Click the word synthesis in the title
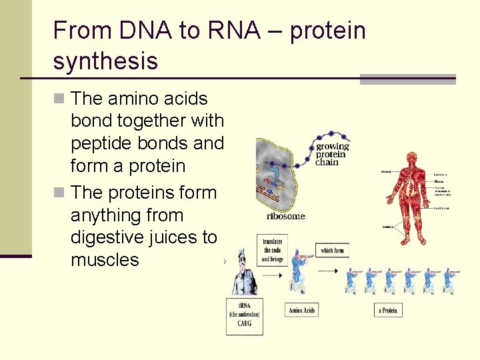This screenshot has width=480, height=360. [x=105, y=61]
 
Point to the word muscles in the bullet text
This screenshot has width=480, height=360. [x=105, y=260]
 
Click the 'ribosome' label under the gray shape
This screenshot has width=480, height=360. [x=285, y=216]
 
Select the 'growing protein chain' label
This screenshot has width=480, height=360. [x=332, y=154]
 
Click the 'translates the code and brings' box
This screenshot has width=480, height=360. [x=272, y=251]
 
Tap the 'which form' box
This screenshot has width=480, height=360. [x=332, y=251]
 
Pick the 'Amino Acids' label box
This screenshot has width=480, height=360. [x=302, y=310]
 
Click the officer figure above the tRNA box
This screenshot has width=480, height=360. [x=243, y=273]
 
